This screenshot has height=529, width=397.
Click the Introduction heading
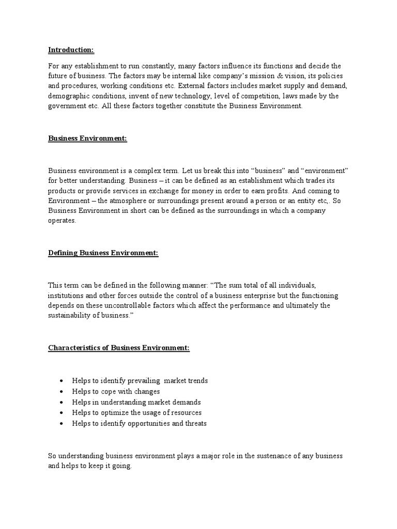(71, 50)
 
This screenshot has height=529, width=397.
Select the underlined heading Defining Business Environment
(103, 253)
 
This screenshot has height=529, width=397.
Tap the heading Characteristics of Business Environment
(119, 348)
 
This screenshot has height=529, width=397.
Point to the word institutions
(67, 295)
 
